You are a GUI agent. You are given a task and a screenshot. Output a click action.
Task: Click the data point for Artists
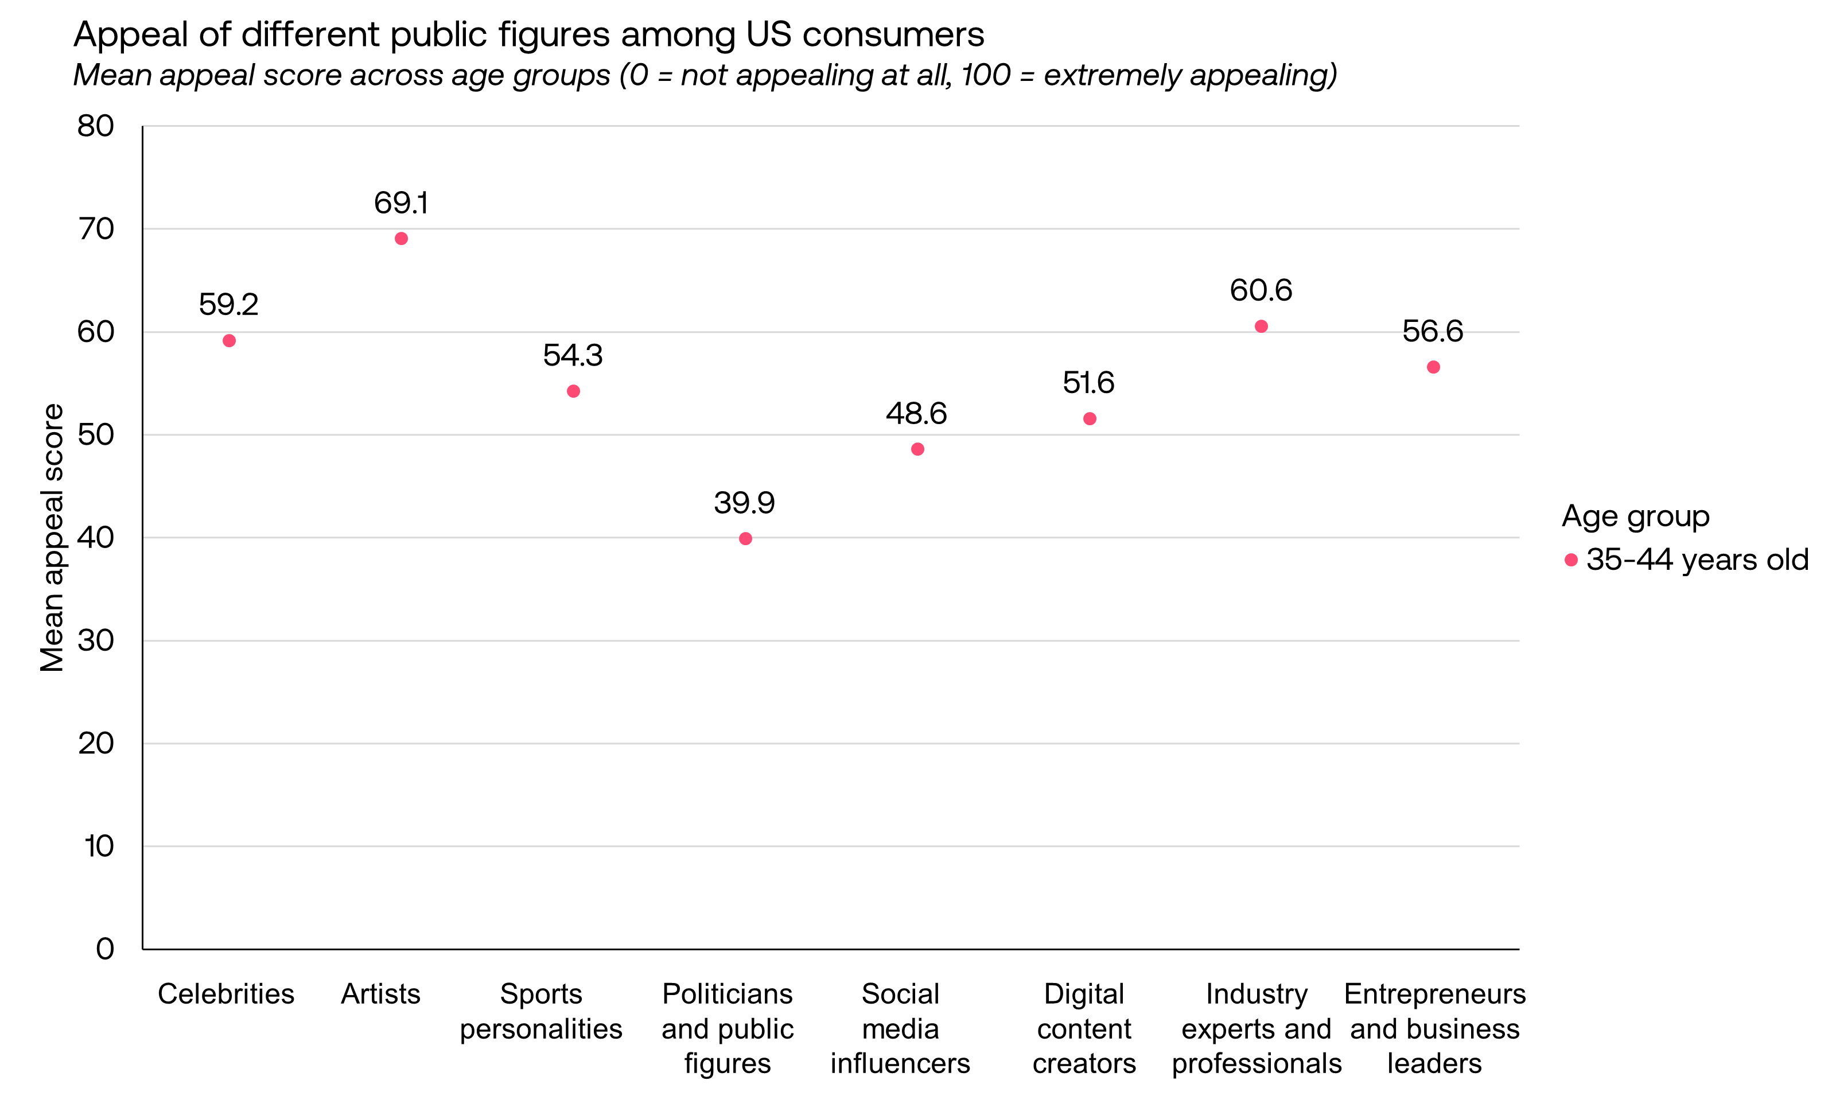coord(401,238)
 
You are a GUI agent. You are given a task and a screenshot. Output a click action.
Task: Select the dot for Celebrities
coord(229,340)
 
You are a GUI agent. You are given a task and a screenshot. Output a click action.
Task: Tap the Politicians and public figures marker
coord(745,539)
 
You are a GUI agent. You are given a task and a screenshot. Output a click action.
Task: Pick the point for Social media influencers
coord(917,449)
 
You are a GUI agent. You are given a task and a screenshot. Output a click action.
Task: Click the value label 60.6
coord(1261,290)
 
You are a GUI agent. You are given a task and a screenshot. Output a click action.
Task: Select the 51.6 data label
coord(1088,383)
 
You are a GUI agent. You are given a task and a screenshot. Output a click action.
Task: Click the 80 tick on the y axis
coord(95,126)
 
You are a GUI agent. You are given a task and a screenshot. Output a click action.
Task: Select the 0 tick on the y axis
coord(104,949)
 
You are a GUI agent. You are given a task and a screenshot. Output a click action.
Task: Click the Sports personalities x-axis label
coord(541,1011)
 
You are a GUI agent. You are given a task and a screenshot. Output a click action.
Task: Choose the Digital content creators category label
coord(1084,1028)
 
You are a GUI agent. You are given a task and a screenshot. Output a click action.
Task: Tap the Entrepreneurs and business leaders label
coord(1434,1028)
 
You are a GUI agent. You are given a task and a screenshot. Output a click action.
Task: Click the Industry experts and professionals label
coord(1257,1028)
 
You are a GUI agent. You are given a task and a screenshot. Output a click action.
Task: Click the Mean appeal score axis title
coord(52,537)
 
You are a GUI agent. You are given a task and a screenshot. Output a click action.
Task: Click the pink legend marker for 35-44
coord(1571,559)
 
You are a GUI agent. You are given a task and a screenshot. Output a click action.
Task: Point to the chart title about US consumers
coord(529,34)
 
